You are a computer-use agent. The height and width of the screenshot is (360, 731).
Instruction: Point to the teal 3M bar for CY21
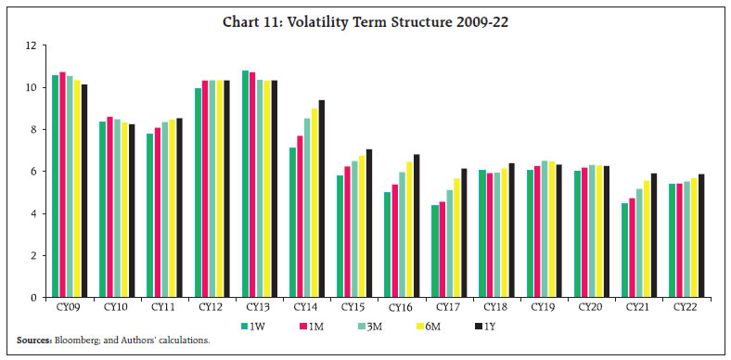(664, 242)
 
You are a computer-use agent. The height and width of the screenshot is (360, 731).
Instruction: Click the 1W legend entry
(256, 326)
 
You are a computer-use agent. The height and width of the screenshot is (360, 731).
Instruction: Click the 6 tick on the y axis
(32, 172)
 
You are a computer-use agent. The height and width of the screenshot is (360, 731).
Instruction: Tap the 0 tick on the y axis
(32, 298)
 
